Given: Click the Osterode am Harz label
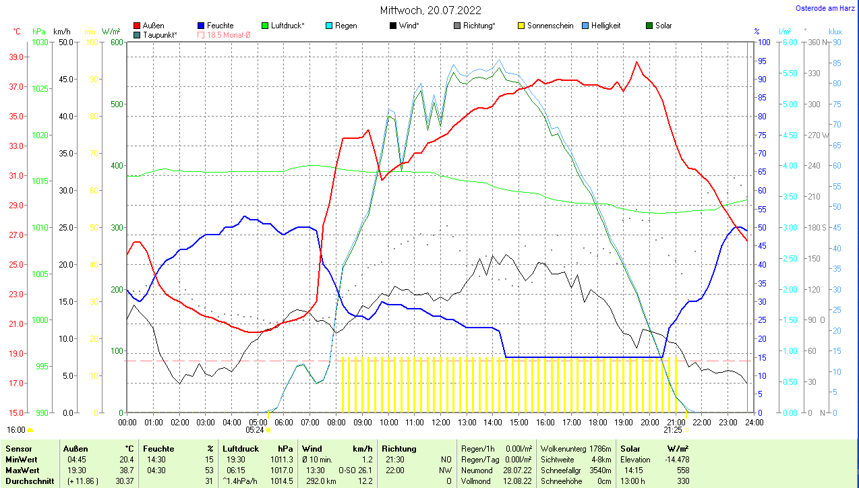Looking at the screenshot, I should [825, 8].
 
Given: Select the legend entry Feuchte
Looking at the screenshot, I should [220, 26].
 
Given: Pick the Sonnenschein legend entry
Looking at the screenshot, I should [550, 26].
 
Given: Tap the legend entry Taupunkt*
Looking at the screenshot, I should [160, 34].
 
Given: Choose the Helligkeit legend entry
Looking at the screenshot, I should [605, 26].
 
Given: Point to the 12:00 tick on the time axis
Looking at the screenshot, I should [440, 423].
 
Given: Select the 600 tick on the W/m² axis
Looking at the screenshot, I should [116, 42].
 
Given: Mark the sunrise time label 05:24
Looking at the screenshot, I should [254, 429].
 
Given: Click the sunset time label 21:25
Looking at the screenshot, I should [672, 429].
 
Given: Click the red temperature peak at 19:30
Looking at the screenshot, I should [636, 62].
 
